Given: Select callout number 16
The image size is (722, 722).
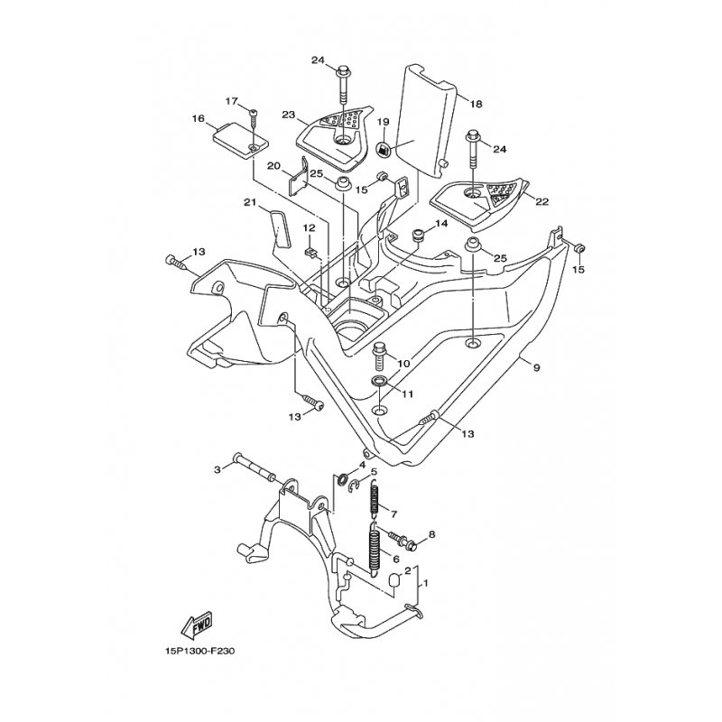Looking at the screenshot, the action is (198, 119).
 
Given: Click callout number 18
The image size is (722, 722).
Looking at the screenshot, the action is (477, 104).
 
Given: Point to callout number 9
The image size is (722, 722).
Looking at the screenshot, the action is (536, 367).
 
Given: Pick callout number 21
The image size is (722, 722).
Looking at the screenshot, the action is (250, 202).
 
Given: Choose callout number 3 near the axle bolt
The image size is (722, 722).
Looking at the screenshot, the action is (218, 469).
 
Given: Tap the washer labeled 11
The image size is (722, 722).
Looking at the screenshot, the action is (380, 381).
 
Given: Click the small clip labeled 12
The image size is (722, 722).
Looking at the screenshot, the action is (310, 252).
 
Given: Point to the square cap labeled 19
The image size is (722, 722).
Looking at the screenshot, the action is (384, 149).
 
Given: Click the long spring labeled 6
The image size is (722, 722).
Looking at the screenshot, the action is (375, 549).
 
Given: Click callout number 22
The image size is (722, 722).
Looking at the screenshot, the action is (542, 201).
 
